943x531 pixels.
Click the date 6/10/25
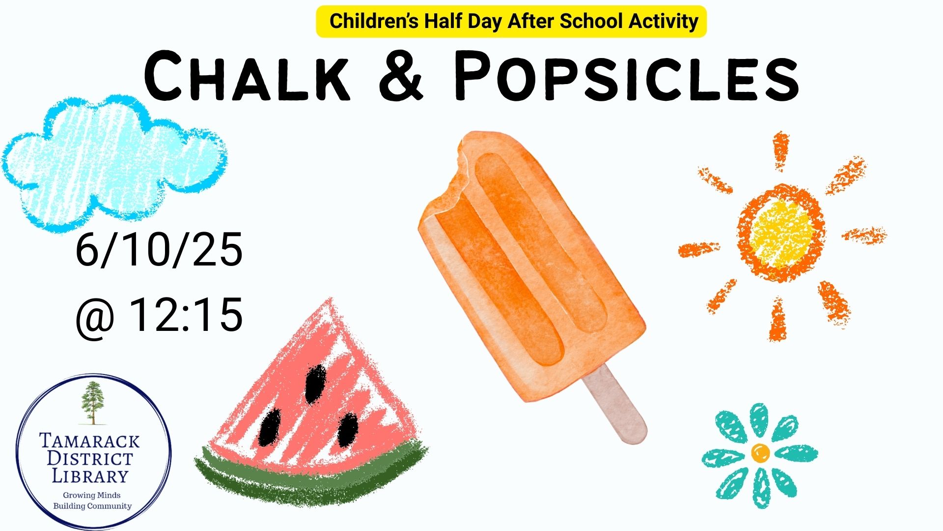159,249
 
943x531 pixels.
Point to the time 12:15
186,314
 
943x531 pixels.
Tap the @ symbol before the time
95,319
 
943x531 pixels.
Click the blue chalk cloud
114,162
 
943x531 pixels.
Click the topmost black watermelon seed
315,383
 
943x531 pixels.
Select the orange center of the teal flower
760,453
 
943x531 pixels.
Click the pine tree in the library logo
92,403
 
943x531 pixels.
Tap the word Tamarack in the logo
89,441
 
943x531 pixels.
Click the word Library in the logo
90,476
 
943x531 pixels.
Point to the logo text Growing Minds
92,495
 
